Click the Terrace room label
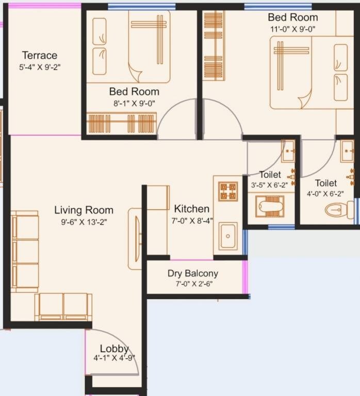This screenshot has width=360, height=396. pyautogui.click(x=40, y=55)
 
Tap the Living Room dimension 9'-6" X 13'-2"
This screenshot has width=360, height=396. pyautogui.click(x=84, y=222)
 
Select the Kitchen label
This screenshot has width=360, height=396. pyautogui.click(x=191, y=209)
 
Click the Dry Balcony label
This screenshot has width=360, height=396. pyautogui.click(x=192, y=273)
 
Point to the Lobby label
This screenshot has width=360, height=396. pyautogui.click(x=114, y=349)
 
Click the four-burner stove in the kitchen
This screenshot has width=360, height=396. pyautogui.click(x=228, y=191)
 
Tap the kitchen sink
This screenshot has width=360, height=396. pyautogui.click(x=227, y=236)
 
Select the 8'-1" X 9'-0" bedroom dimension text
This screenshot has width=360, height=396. pyautogui.click(x=134, y=103)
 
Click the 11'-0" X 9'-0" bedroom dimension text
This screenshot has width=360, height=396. pyautogui.click(x=292, y=30)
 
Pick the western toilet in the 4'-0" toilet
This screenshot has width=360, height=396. pyautogui.click(x=339, y=209)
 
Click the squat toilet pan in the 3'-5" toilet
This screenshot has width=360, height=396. pyautogui.click(x=270, y=207)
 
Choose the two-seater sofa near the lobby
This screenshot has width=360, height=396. pyautogui.click(x=63, y=306)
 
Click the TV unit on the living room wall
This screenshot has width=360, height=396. pyautogui.click(x=135, y=238)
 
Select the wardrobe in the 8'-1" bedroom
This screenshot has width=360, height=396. pyautogui.click(x=121, y=124)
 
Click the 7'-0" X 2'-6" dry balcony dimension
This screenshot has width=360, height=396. pyautogui.click(x=192, y=284)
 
